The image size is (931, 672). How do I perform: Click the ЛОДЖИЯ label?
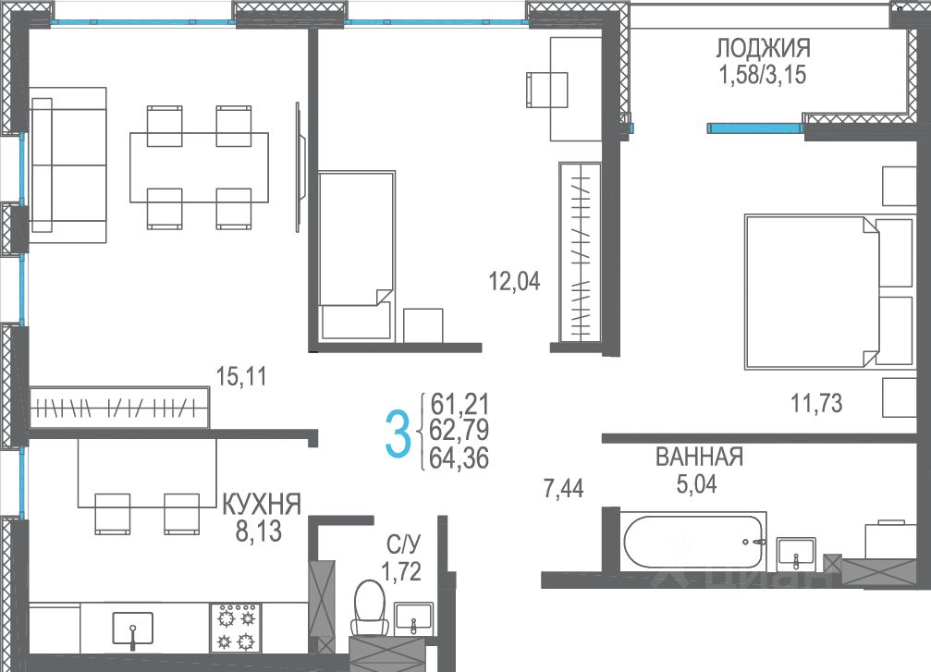tap(763, 47)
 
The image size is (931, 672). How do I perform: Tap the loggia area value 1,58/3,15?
tap(763, 76)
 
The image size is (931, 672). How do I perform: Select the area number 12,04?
tap(514, 281)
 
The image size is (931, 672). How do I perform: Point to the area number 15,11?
tap(241, 376)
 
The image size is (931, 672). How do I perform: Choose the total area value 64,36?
tap(459, 458)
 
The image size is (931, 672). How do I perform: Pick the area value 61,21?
tap(459, 404)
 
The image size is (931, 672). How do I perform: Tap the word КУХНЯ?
tap(262, 505)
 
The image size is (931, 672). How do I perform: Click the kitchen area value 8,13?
tap(258, 531)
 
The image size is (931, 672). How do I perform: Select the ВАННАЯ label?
tap(700, 458)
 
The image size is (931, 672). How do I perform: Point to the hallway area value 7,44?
tap(563, 489)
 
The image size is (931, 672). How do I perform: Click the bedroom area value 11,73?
tap(816, 404)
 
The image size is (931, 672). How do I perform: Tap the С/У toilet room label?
tap(404, 544)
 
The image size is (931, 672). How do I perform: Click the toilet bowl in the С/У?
tap(369, 606)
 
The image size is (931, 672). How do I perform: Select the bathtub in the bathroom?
tap(692, 542)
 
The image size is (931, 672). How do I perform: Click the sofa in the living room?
tap(68, 165)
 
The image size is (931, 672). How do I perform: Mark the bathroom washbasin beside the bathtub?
tap(796, 554)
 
